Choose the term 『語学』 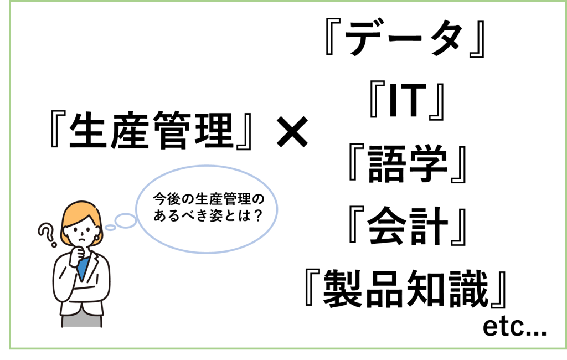pos(406,165)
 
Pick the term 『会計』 pos(406,227)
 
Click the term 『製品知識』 pos(406,289)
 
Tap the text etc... pos(514,328)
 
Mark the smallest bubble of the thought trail pos(110,227)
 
